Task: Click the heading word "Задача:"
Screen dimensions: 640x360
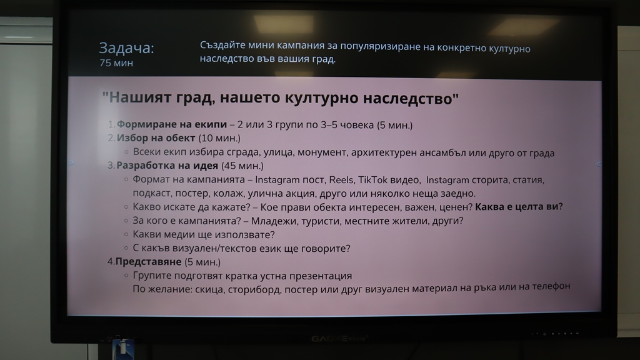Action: (x=126, y=49)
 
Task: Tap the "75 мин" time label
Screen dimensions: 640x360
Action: (x=116, y=63)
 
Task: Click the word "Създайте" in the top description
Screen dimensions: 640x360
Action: (x=222, y=46)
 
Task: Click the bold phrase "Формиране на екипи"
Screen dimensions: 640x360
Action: (x=171, y=124)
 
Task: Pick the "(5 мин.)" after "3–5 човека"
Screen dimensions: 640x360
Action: (x=395, y=125)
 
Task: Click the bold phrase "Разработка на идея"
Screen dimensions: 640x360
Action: (x=167, y=165)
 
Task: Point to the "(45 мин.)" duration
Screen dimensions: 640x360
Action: (x=242, y=166)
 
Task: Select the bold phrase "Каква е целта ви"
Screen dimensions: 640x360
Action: (x=517, y=207)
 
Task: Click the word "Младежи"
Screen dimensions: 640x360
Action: (x=270, y=221)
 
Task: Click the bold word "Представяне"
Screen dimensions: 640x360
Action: (x=148, y=262)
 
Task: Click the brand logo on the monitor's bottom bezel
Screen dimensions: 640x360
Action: (x=339, y=338)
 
